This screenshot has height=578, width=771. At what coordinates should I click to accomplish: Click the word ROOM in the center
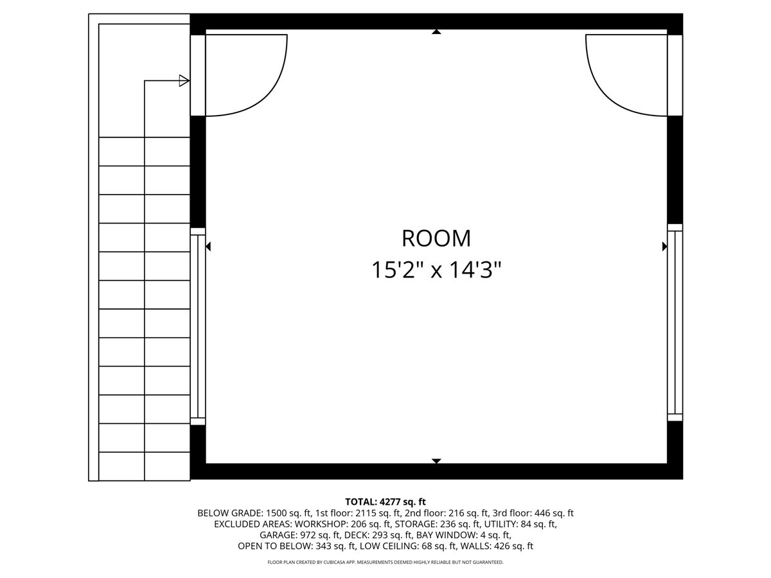tap(436, 238)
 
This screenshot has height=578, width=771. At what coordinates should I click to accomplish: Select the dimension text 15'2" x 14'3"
tap(436, 270)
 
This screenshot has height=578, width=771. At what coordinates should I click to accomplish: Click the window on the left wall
tap(198, 326)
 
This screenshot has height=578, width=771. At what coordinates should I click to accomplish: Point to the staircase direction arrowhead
tap(184, 80)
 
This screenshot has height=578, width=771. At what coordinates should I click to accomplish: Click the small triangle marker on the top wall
tap(436, 31)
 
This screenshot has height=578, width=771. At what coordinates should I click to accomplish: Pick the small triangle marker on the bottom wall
tap(436, 460)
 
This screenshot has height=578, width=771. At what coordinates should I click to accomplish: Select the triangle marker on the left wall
tap(208, 246)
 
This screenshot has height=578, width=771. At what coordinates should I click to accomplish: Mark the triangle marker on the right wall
tap(664, 246)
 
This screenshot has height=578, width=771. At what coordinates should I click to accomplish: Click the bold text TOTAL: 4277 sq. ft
tap(385, 502)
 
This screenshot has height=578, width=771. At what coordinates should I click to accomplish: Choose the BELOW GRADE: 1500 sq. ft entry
tap(254, 513)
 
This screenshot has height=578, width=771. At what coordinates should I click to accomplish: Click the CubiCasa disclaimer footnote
tap(385, 562)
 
